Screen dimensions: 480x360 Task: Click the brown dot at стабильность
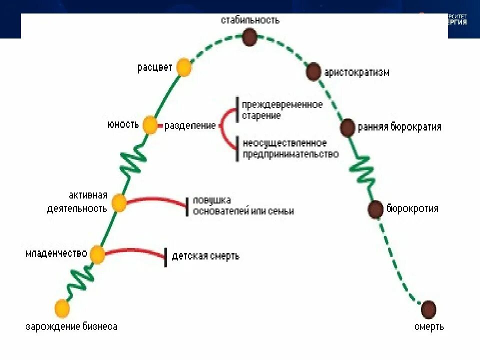[249, 36]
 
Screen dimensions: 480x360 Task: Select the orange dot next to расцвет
[184, 67]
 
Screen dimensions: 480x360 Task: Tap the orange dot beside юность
[150, 125]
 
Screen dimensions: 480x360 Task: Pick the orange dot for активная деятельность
[119, 203]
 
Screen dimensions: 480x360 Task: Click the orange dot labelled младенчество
[97, 254]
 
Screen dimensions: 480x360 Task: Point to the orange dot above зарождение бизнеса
[61, 308]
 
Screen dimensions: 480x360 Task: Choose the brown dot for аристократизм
[313, 72]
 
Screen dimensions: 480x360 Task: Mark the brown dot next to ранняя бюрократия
[347, 127]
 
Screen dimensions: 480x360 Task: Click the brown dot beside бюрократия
[375, 209]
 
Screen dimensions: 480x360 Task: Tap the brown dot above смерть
[428, 309]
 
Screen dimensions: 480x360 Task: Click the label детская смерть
[205, 256]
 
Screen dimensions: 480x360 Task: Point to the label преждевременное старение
[282, 110]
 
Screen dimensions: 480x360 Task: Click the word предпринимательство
[290, 154]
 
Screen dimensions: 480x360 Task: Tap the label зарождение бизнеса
[71, 327]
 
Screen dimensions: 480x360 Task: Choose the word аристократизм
[356, 72]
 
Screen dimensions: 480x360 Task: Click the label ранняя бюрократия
[399, 127]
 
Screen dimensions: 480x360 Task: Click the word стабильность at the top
[250, 20]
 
